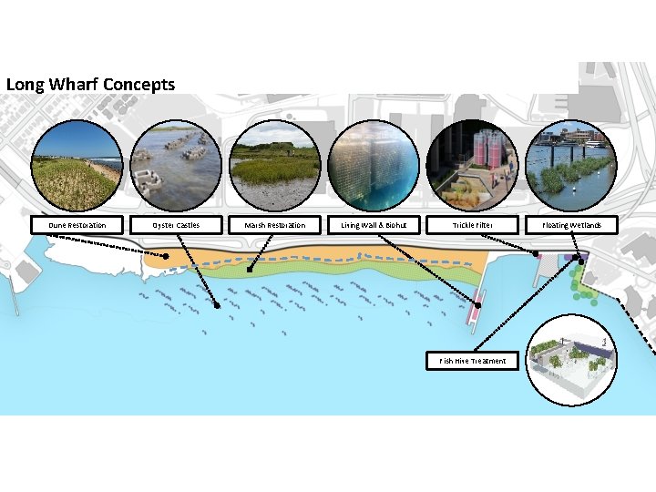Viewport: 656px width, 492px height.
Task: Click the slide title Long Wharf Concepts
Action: [90, 84]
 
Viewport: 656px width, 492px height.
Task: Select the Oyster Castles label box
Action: [176, 224]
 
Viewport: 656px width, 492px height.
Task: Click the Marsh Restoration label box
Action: [274, 224]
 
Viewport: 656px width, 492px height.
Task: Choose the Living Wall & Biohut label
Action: [374, 224]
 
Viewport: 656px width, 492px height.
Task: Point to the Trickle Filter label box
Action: [472, 224]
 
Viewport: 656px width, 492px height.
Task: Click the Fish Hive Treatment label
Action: [473, 361]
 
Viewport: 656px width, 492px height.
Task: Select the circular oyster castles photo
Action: [176, 167]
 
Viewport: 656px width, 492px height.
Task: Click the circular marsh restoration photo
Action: [275, 167]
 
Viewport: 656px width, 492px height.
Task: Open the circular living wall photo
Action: [374, 167]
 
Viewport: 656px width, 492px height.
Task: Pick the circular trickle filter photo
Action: [473, 167]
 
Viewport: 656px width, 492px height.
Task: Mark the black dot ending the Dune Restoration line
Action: [167, 257]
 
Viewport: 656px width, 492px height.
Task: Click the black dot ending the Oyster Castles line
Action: [217, 306]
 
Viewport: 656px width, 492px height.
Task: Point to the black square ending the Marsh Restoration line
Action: [250, 269]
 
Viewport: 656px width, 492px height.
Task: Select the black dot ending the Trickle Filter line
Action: [536, 253]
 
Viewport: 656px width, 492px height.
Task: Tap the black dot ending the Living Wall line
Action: [476, 302]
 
